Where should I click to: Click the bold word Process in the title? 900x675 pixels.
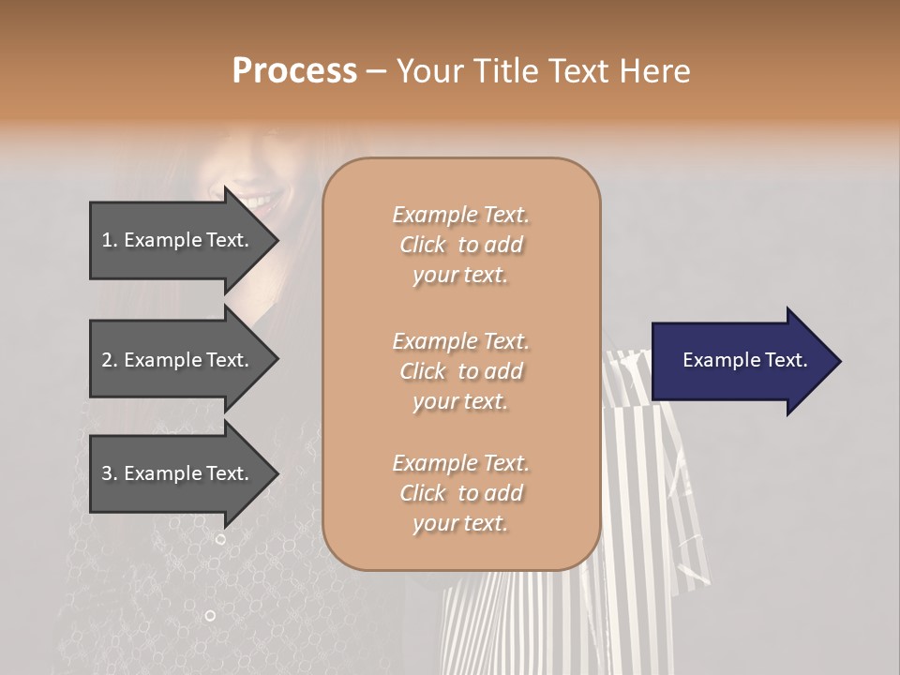pos(294,71)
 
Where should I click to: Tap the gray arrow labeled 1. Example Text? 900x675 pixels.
pos(178,240)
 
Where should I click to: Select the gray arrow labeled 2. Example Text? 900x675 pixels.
pos(178,360)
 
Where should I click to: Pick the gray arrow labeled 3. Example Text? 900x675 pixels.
pos(178,473)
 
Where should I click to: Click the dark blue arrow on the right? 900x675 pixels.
pos(741,361)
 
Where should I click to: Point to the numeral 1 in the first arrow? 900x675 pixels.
pos(107,240)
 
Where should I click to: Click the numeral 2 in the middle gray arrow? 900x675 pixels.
pos(107,360)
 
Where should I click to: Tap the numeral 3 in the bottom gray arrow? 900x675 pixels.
pos(107,473)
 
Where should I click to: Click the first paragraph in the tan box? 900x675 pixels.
pos(460,245)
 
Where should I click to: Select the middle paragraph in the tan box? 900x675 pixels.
pos(460,370)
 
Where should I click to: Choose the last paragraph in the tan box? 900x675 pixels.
pos(460,493)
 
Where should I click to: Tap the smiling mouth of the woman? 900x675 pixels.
pos(259,200)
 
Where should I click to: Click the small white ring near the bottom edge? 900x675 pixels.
pos(210,615)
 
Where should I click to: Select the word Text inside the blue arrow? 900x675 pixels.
pos(787,360)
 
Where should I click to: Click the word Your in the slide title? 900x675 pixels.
pos(427,71)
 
